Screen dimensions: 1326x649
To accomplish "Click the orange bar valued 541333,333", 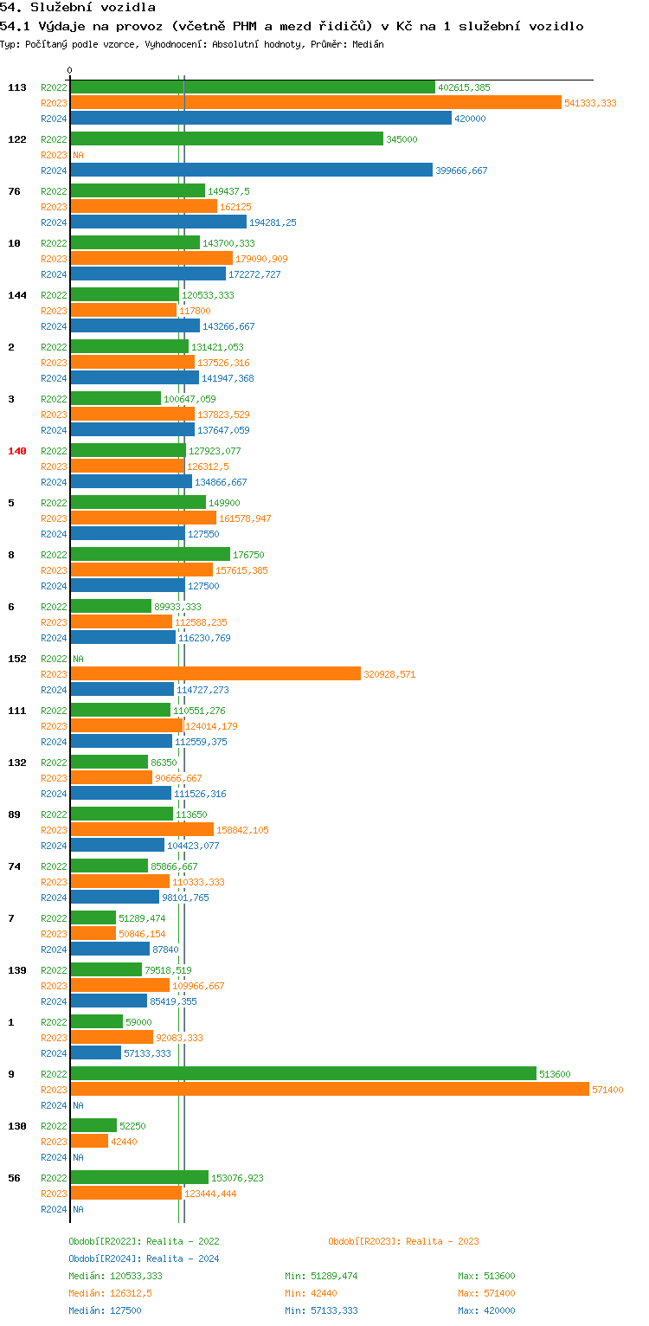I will [x=316, y=103].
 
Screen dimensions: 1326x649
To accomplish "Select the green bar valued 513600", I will [x=303, y=1074].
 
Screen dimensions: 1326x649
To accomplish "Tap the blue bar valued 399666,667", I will [x=251, y=171].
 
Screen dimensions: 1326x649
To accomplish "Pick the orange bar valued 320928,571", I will [x=215, y=674].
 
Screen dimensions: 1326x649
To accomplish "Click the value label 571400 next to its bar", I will [x=607, y=1090].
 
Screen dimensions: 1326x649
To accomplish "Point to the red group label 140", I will [x=17, y=451].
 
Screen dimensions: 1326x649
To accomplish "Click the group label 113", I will [x=17, y=87].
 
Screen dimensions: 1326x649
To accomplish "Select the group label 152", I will [x=17, y=659].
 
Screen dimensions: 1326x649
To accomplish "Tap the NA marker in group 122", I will [x=78, y=155].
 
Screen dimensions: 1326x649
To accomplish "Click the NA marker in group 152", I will [x=78, y=659].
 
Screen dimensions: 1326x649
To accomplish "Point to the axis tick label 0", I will [x=70, y=70].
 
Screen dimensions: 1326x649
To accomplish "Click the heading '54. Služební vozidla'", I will [x=78, y=8].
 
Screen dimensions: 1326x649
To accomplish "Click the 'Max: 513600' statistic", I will [x=486, y=1276].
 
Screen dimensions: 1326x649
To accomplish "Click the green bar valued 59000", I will [x=96, y=1022].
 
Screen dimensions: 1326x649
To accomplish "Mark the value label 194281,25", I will [x=273, y=222].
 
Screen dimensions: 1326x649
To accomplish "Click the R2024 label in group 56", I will [x=54, y=1209].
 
